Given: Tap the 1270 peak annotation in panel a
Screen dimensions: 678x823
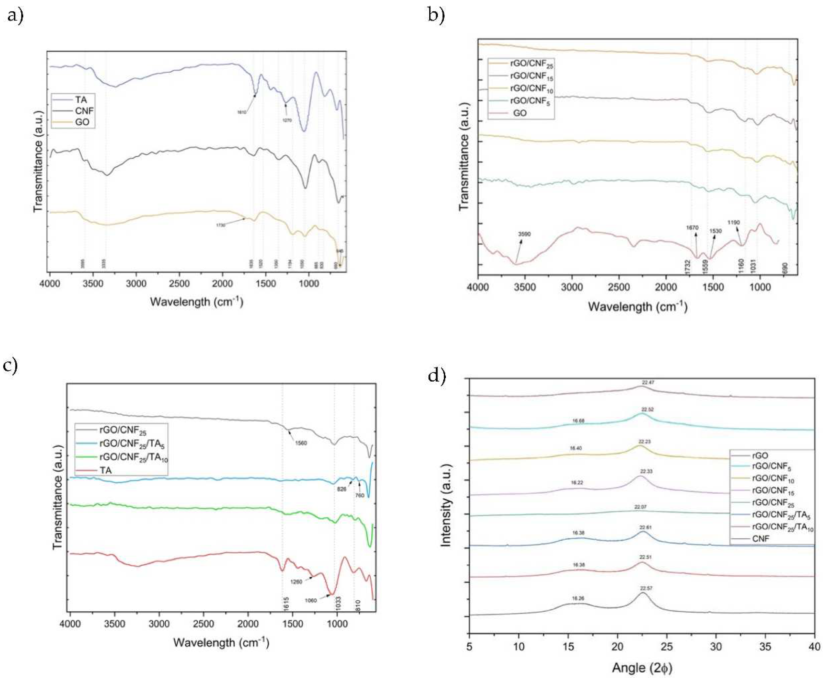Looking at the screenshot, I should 287,120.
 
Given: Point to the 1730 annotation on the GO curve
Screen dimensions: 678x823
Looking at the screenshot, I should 221,225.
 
